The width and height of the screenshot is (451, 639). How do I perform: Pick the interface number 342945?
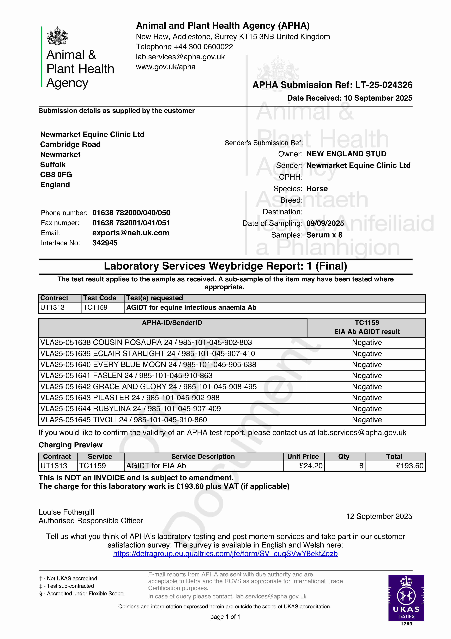click(105, 243)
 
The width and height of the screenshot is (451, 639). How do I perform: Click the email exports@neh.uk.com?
click(131, 233)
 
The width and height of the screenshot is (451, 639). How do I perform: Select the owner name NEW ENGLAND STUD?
click(346, 154)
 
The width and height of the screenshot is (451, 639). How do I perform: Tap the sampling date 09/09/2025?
click(325, 223)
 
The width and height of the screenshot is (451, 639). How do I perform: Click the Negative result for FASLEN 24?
click(367, 376)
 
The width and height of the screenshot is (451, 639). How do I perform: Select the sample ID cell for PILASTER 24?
click(130, 398)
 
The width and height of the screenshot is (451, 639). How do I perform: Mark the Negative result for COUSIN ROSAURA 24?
click(367, 343)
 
